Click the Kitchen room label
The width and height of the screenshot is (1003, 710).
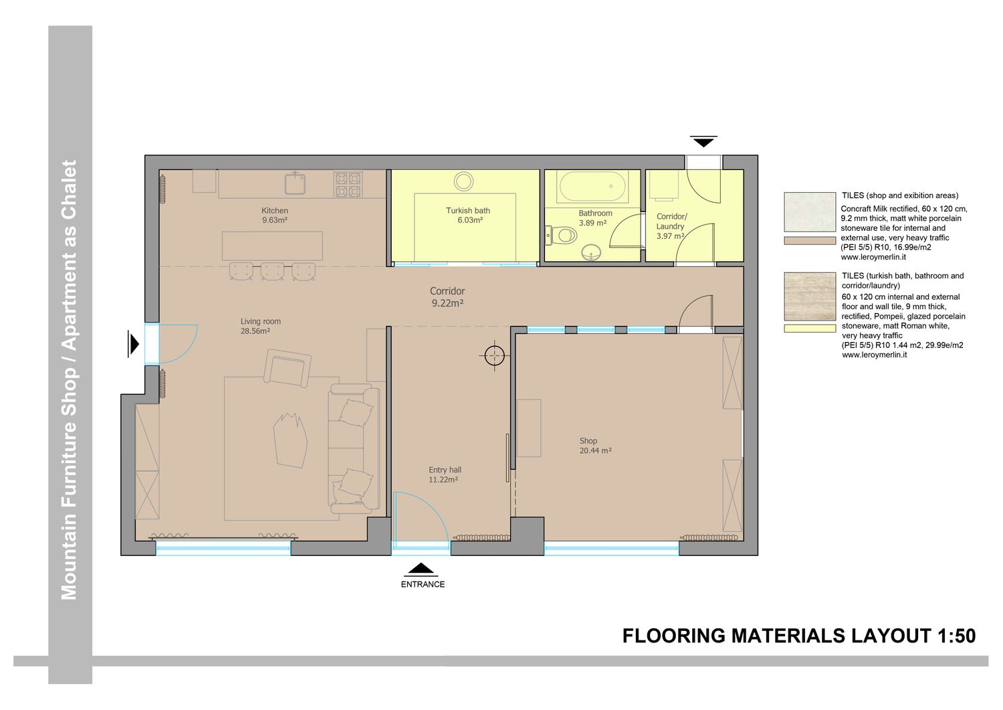274,211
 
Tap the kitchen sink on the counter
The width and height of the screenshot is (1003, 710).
295,183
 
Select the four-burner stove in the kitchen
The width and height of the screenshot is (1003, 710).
348,185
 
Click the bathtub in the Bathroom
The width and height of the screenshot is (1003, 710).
592,187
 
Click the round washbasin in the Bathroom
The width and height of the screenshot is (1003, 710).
592,252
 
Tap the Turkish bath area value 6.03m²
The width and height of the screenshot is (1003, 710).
469,221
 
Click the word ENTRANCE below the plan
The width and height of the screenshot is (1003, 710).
423,584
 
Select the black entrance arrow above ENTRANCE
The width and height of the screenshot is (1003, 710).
421,569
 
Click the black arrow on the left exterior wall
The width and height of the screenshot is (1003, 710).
133,344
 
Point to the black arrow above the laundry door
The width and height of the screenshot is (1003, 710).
703,141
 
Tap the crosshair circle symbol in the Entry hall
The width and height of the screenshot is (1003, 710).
494,356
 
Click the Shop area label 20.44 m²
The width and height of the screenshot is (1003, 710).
596,451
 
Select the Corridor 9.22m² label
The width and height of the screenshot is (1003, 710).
447,297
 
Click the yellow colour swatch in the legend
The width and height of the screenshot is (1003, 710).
810,329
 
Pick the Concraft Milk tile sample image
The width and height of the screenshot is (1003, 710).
810,212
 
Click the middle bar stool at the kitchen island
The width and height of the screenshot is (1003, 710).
272,272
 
